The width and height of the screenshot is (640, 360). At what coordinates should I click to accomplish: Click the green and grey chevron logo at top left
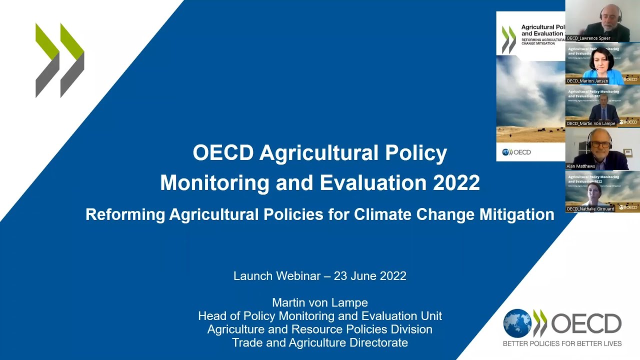point(60,60)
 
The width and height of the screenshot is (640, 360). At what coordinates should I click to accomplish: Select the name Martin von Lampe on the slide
point(320,302)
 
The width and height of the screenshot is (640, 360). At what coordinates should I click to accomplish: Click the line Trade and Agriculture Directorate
point(320,342)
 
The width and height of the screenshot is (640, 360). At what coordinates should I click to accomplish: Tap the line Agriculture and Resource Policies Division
point(320,329)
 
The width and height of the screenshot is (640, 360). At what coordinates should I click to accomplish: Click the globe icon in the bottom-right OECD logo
point(517,323)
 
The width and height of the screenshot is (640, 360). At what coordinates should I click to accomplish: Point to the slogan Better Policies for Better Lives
point(562,343)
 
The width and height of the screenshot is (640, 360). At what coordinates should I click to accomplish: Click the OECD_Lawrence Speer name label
point(588,38)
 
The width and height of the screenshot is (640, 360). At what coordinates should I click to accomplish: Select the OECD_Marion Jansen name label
point(587,80)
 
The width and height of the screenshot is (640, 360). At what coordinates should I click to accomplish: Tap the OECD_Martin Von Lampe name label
point(590,123)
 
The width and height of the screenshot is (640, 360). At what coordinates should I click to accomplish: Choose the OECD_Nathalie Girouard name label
point(590,208)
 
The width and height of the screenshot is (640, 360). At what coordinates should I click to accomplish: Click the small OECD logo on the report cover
point(516,152)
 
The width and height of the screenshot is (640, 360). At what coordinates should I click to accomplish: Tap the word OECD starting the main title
point(223,153)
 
